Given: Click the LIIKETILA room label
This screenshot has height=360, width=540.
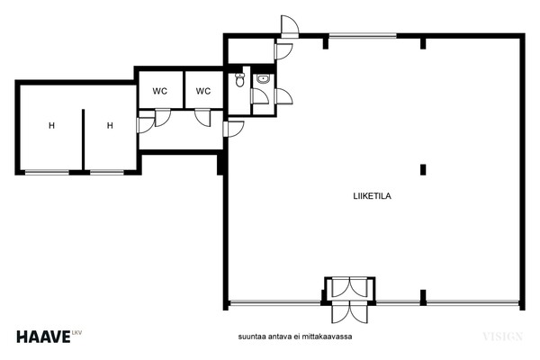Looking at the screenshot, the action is click(372, 196).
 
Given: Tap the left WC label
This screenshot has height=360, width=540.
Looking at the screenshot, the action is click(160, 91).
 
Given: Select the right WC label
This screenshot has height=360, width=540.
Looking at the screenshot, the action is click(203, 91).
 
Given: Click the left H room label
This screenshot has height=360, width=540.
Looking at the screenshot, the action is click(51, 125).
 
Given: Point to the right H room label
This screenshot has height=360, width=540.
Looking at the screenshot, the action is click(110, 125).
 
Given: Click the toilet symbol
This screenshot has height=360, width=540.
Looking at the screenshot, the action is click(239, 79).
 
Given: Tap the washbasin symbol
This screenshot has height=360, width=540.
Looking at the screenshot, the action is click(263, 79).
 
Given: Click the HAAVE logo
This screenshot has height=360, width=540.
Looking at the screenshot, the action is click(43, 337).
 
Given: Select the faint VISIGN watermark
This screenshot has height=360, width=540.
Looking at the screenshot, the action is click(503, 337).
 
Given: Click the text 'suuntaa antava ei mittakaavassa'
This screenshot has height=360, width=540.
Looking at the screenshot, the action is click(295, 337).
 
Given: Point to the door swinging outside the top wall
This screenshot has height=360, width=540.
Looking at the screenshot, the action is click(290, 26).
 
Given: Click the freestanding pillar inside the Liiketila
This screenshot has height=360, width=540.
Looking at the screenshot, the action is click(423, 170).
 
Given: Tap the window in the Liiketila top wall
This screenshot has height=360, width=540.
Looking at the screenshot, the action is click(363, 35).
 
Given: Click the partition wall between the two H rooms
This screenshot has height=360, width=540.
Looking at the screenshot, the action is click(84, 139).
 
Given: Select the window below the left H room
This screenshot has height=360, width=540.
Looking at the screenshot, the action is click(47, 172).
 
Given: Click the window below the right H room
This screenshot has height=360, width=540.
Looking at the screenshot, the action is click(107, 172).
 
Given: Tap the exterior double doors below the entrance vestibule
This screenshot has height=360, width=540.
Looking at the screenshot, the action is click(349, 311).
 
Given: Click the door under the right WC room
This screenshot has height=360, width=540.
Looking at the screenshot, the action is click(202, 118).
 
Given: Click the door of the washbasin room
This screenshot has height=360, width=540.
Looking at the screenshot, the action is click(260, 95).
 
